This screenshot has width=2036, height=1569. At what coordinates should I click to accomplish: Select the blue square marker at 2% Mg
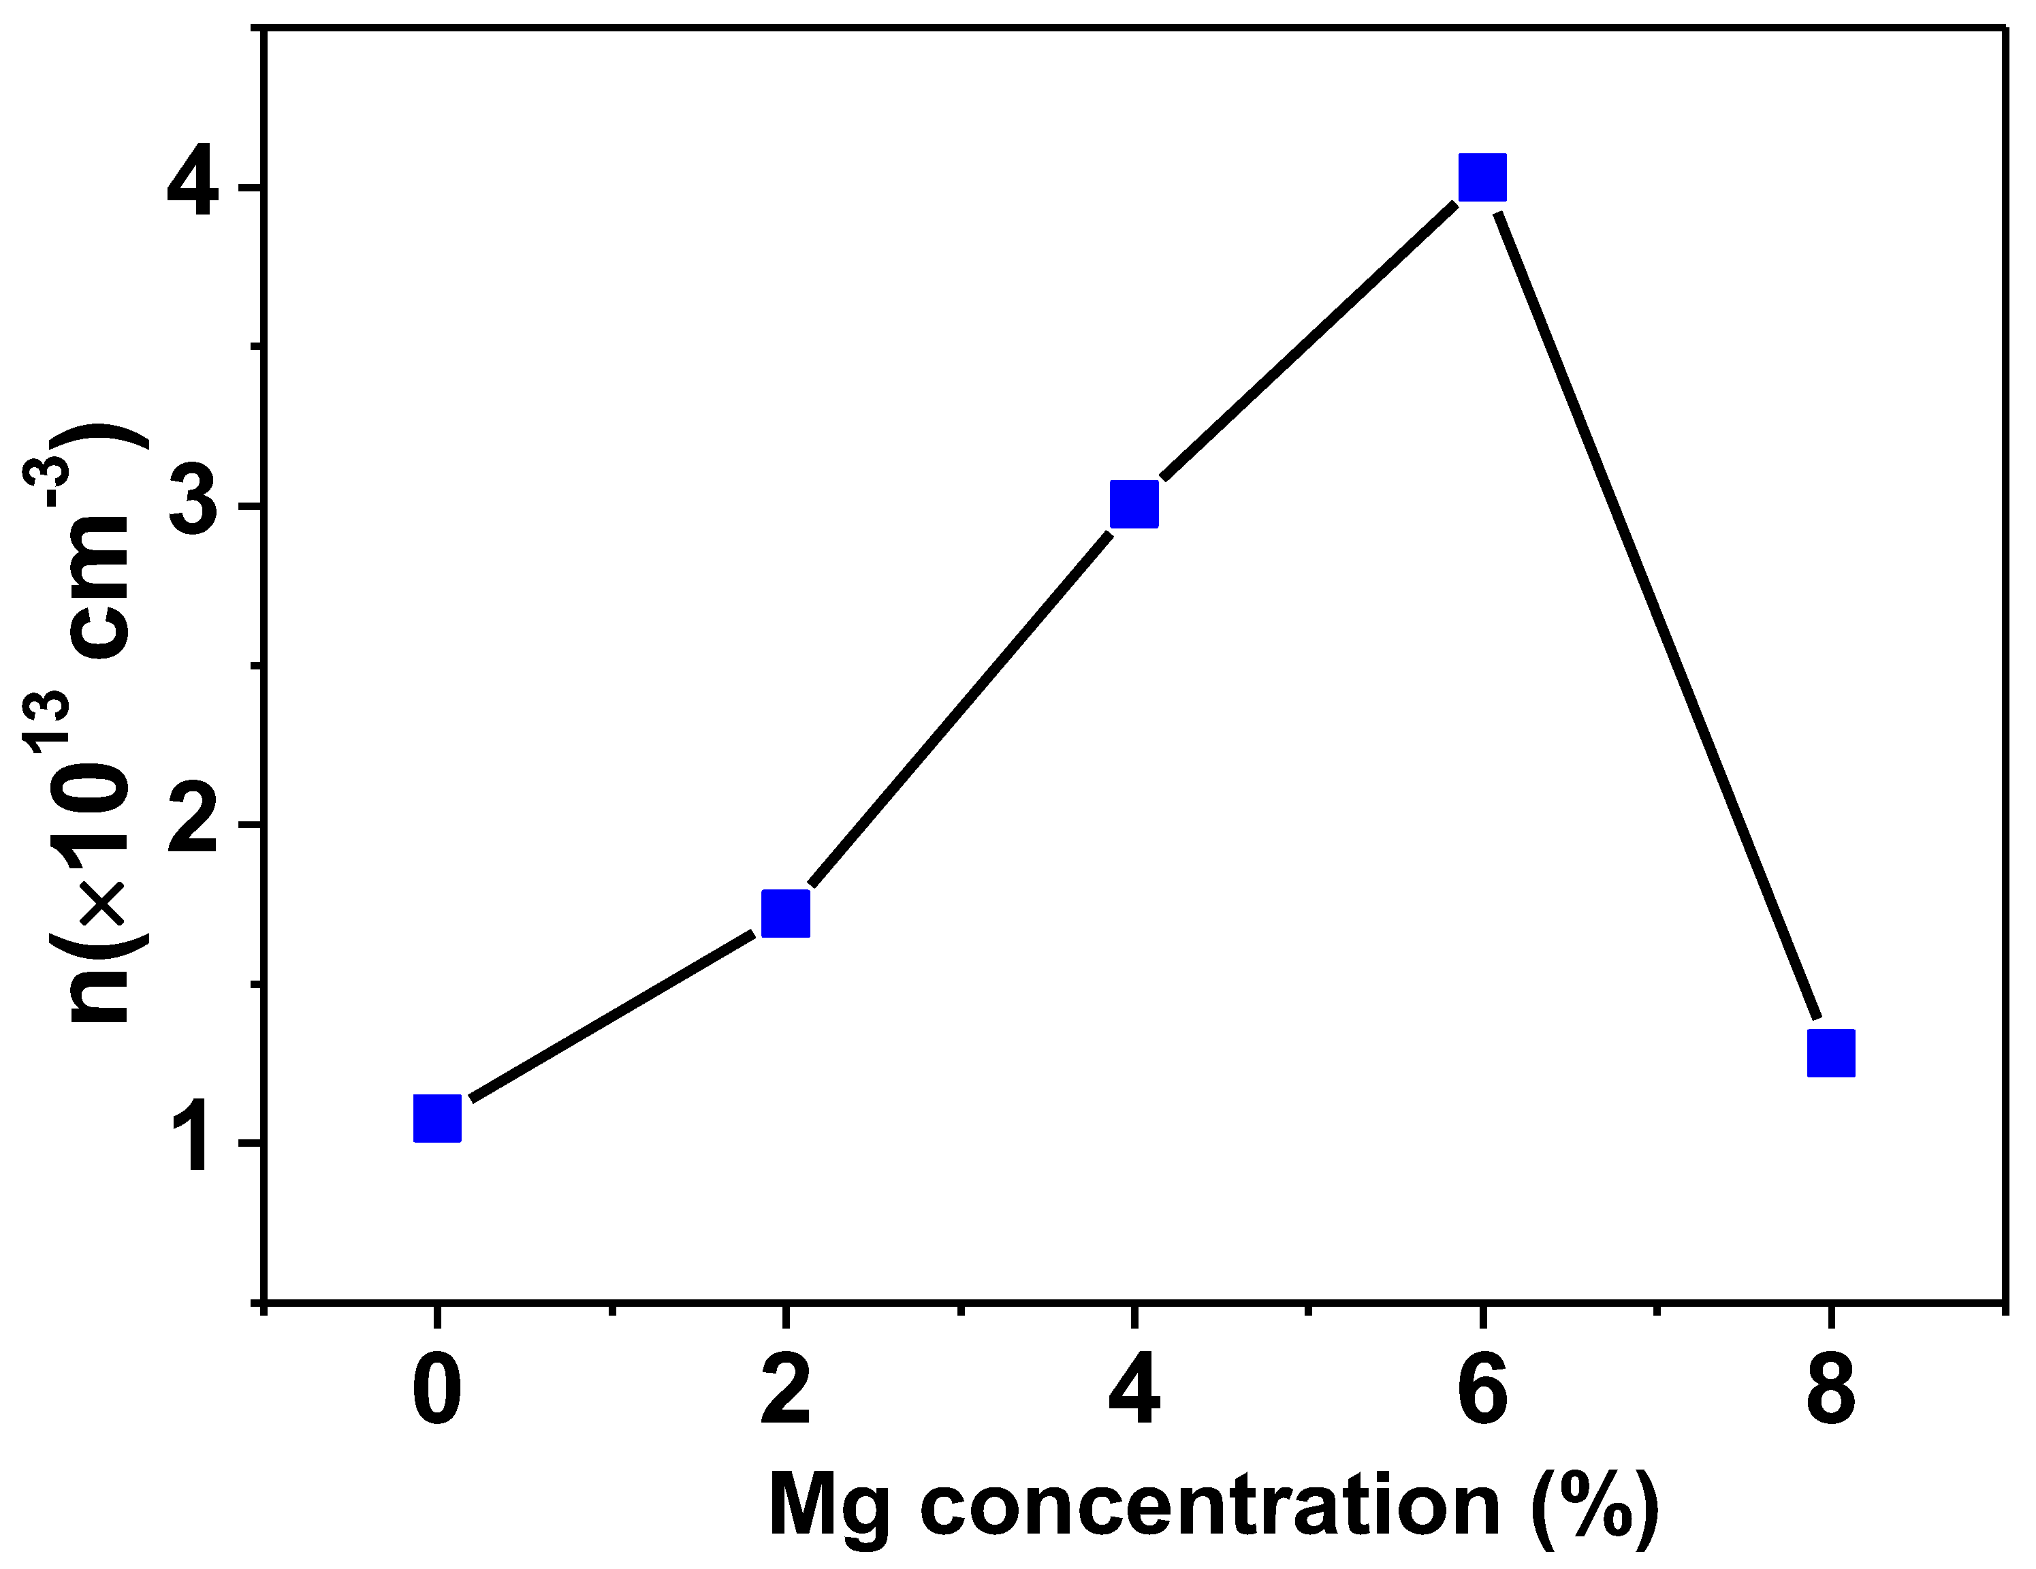point(786,913)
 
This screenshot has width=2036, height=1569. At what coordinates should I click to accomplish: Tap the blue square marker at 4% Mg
point(1134,505)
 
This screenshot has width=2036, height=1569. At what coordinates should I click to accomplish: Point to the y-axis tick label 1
point(197,1142)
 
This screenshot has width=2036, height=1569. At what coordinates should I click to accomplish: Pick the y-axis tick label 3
point(193,506)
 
